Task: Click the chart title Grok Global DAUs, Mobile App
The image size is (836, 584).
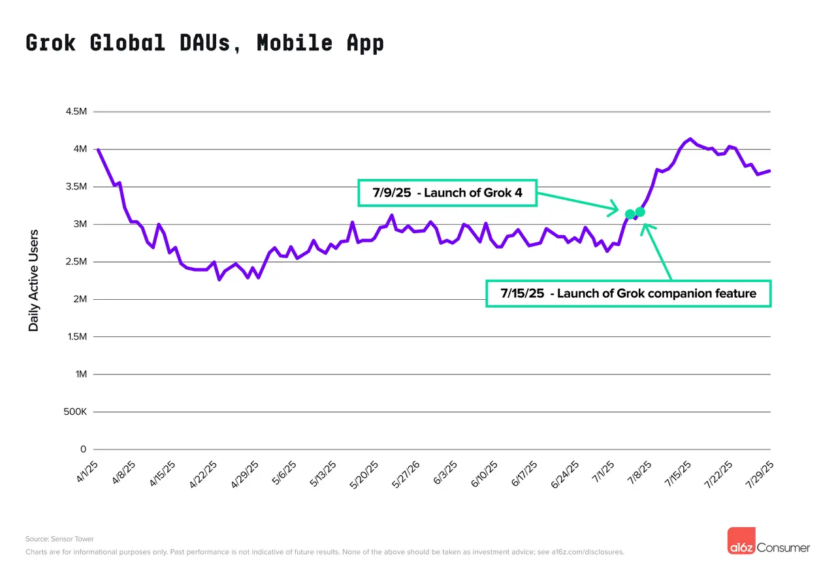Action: pyautogui.click(x=204, y=42)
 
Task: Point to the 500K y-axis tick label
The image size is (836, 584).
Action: pyautogui.click(x=74, y=412)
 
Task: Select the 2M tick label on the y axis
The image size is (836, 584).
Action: pyautogui.click(x=79, y=299)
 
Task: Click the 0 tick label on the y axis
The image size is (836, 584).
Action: pyautogui.click(x=83, y=449)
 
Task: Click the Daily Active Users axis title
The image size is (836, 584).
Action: pyautogui.click(x=34, y=280)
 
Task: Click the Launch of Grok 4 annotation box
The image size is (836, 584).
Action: pyautogui.click(x=447, y=193)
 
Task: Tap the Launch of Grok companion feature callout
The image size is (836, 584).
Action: pyautogui.click(x=628, y=294)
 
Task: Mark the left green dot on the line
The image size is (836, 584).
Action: pyautogui.click(x=630, y=214)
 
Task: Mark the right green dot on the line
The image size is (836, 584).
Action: pyautogui.click(x=640, y=212)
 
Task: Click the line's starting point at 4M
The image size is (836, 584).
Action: pyautogui.click(x=98, y=150)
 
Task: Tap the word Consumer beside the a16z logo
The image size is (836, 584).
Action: pyautogui.click(x=783, y=547)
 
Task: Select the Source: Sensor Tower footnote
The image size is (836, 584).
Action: pyautogui.click(x=59, y=539)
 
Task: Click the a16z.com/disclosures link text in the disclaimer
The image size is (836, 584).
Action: pyautogui.click(x=588, y=552)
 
